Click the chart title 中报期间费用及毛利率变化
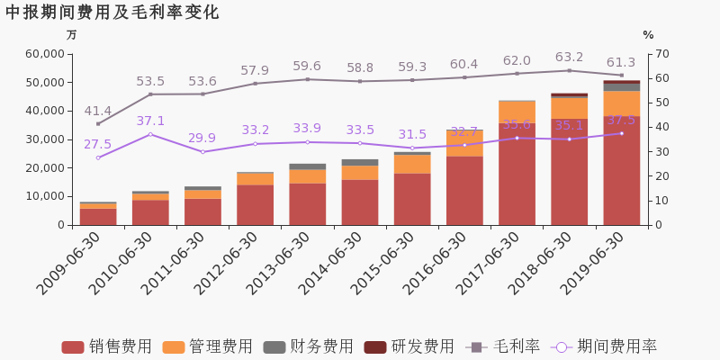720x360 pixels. click(x=112, y=13)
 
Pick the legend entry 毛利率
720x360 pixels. click(x=504, y=346)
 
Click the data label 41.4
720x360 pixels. click(x=98, y=112)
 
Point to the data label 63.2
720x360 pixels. click(x=569, y=58)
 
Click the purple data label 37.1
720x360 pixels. click(x=150, y=121)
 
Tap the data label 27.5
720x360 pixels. click(x=98, y=145)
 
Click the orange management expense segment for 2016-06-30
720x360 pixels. click(x=464, y=143)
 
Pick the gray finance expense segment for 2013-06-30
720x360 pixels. click(x=308, y=166)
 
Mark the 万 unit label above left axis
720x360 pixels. click(x=72, y=35)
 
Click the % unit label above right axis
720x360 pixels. click(x=648, y=35)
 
